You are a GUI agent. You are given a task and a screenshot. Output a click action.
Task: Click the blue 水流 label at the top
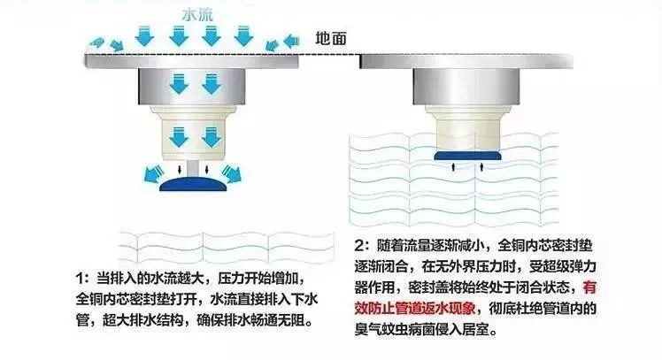[196, 15]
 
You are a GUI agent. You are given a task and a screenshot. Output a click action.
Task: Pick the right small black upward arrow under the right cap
[481, 165]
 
